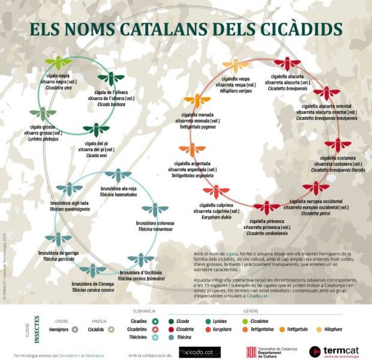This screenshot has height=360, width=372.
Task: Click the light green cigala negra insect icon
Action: click(x=59, y=62)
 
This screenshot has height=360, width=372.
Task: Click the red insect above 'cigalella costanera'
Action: click(x=338, y=145)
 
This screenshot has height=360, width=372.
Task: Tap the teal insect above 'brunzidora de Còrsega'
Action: click(x=92, y=271)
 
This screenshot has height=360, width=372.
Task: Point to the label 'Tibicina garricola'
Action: click(x=59, y=259)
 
